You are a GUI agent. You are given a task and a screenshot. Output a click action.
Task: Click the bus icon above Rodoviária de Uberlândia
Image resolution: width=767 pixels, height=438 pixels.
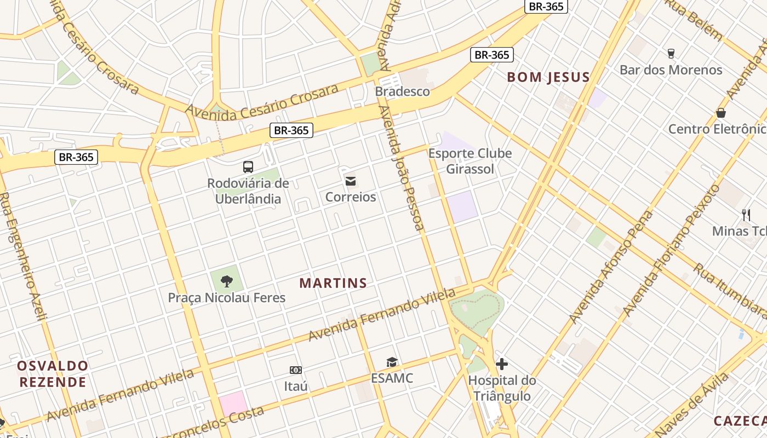[248, 166]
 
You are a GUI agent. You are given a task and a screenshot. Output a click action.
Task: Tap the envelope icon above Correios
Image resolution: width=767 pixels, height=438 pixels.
[351, 181]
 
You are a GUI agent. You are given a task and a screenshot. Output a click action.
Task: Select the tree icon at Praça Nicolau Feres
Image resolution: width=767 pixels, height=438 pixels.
[226, 281]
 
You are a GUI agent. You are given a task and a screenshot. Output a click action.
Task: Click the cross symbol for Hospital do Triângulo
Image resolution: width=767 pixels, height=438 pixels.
[502, 364]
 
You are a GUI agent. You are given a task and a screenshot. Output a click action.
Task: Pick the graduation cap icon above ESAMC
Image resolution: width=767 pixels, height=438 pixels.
[392, 362]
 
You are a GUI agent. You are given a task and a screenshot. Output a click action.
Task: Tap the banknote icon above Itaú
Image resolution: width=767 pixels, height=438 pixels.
[296, 371]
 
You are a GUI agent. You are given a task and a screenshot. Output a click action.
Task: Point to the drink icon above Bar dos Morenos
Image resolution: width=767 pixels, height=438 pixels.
[671, 54]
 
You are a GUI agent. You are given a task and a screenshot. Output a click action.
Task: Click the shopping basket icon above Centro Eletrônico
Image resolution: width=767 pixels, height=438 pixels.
[721, 113]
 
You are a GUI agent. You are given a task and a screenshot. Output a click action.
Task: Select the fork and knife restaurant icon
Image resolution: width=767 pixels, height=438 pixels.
[746, 215]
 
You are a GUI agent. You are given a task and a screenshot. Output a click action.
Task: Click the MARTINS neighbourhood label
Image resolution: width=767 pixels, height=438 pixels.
[333, 283]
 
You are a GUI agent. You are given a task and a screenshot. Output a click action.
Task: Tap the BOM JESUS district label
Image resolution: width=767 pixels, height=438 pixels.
[548, 77]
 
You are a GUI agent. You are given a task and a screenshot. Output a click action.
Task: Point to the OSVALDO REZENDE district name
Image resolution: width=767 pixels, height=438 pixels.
[53, 374]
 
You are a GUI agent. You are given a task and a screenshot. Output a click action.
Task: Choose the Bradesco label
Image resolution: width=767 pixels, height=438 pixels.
[403, 91]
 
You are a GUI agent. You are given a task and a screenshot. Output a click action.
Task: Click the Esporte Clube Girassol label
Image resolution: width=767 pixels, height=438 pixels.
[470, 161]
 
